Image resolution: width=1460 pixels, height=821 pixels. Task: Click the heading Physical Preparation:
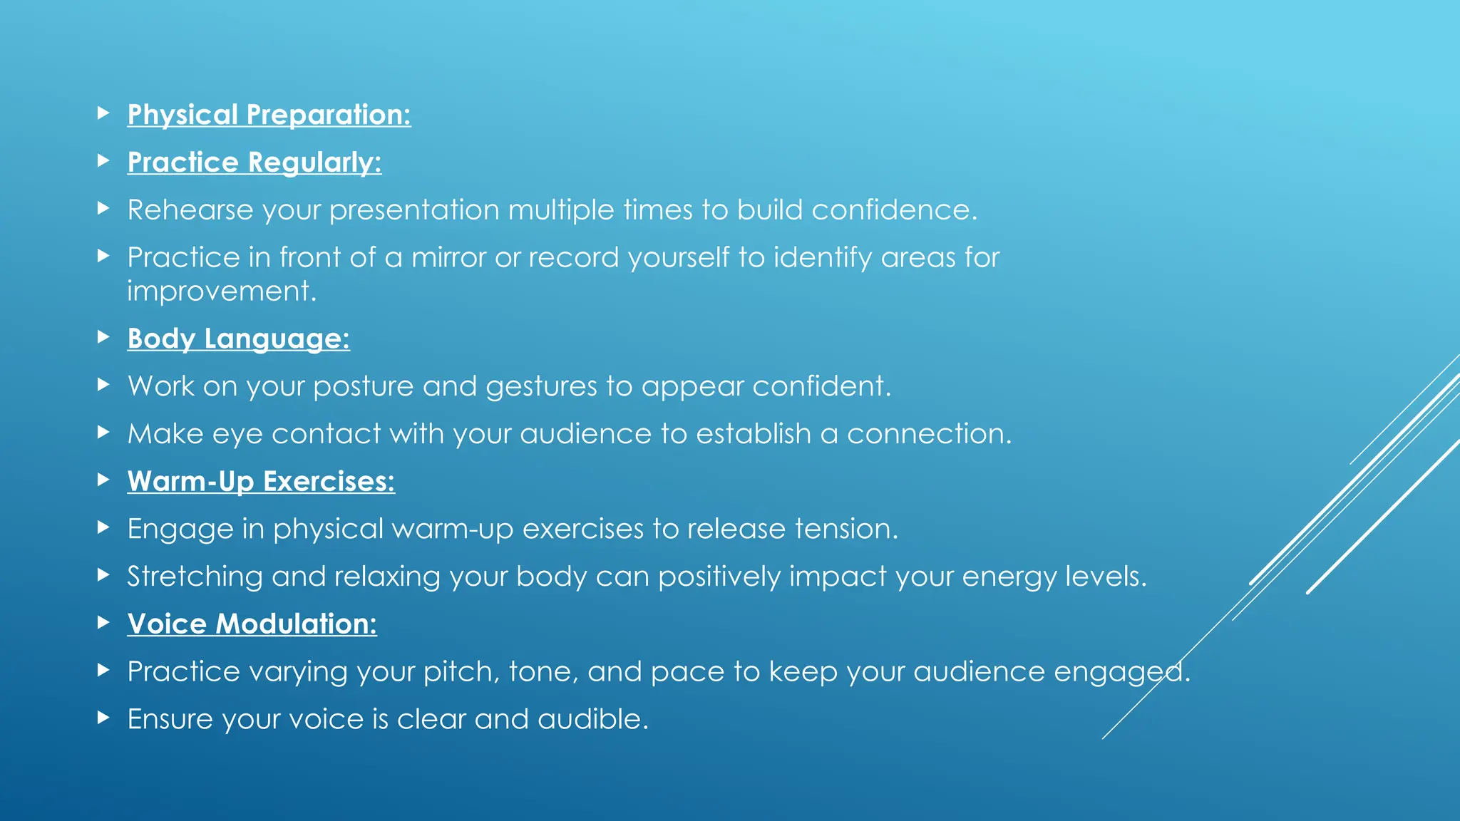pyautogui.click(x=269, y=115)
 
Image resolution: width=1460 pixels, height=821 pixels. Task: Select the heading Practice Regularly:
pyautogui.click(x=254, y=162)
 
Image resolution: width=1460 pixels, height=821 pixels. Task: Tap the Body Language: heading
pyautogui.click(x=238, y=339)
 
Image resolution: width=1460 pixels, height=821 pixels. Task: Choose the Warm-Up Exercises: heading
pyautogui.click(x=261, y=481)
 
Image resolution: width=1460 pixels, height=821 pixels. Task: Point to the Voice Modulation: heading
pyautogui.click(x=252, y=624)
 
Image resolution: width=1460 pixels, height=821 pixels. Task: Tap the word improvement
pyautogui.click(x=221, y=291)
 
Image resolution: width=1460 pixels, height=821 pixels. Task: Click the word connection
pyautogui.click(x=928, y=434)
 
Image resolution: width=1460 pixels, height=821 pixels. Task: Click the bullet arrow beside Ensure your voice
pyautogui.click(x=103, y=717)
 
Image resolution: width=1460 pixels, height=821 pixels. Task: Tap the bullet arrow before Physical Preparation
pyautogui.click(x=103, y=113)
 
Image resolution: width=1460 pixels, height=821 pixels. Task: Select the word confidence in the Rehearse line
pyautogui.click(x=893, y=210)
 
